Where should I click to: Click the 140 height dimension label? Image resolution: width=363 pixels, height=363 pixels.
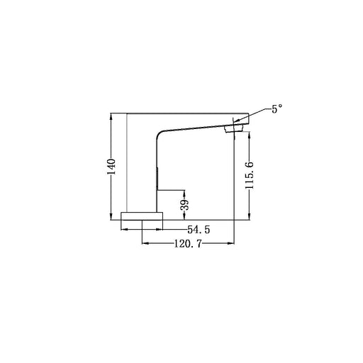[x=111, y=167]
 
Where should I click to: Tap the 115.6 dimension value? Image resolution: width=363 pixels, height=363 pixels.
[x=250, y=175]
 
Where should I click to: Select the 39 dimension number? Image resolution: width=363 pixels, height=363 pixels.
[x=184, y=205]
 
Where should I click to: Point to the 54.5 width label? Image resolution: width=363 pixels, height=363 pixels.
[x=199, y=230]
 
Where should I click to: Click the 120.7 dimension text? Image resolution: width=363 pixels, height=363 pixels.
[x=188, y=243]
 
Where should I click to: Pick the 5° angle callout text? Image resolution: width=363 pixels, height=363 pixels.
[x=277, y=109]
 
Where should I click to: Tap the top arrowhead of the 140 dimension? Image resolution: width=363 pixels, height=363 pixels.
[x=111, y=116]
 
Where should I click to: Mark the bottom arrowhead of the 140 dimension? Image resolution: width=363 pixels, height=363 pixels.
[x=111, y=217]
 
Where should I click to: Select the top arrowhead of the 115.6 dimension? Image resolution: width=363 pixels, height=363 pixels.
[x=250, y=135]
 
